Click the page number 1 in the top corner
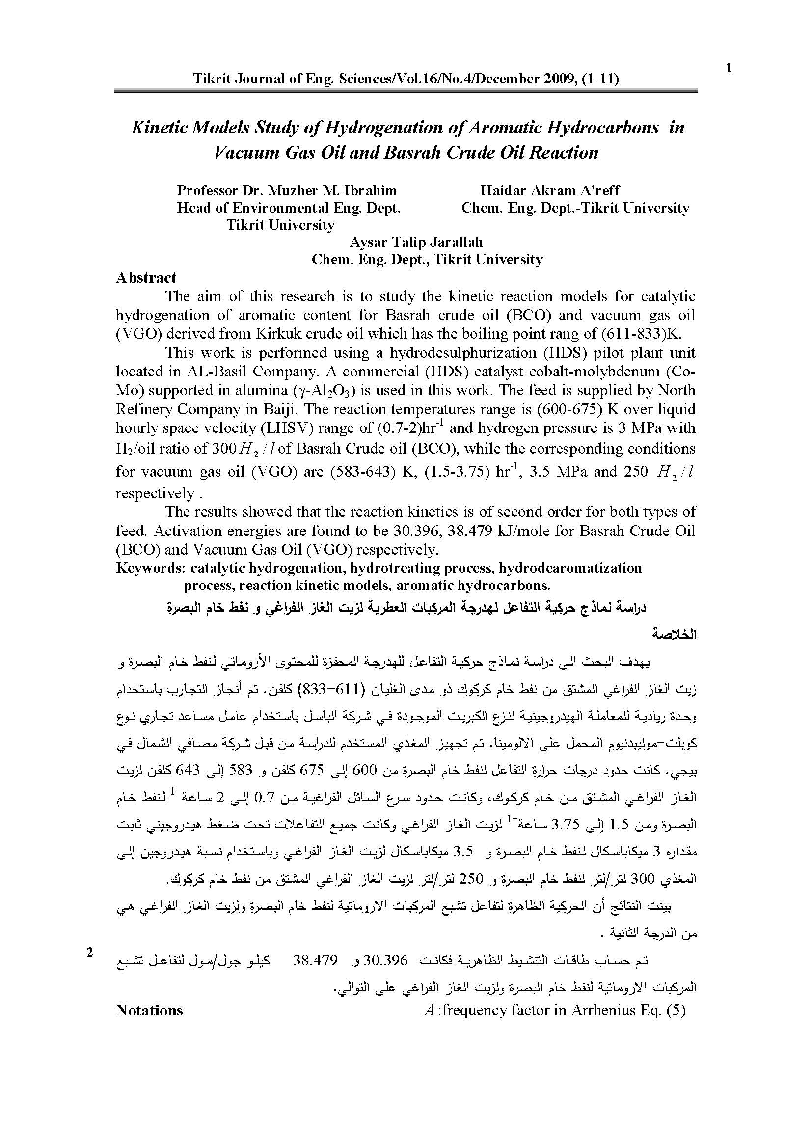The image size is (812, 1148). point(729,69)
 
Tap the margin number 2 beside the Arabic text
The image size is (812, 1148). point(90,953)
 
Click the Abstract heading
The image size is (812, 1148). point(146,278)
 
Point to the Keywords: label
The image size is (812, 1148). point(151,568)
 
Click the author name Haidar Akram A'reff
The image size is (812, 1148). point(549,190)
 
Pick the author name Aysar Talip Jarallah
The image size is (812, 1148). point(416,242)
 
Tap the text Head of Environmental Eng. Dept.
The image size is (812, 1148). point(289,208)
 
